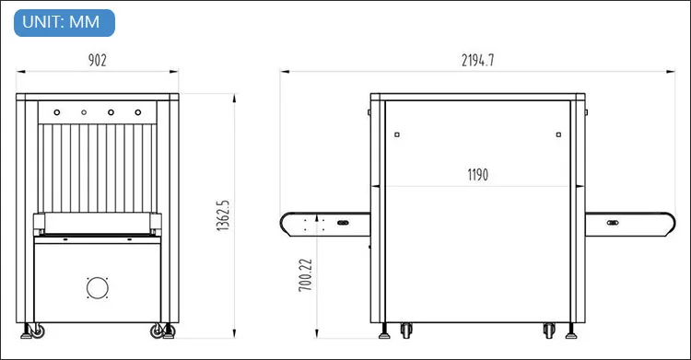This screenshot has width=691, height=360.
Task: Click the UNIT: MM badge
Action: (x=64, y=22)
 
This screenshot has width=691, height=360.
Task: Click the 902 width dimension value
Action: (x=98, y=61)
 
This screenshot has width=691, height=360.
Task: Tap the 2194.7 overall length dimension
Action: (x=478, y=61)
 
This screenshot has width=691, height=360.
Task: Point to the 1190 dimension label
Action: (x=477, y=174)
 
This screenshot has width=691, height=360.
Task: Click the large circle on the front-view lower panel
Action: (x=98, y=287)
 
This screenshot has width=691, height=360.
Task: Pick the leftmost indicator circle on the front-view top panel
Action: (x=56, y=112)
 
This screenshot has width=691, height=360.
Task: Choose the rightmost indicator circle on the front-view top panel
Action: (x=138, y=112)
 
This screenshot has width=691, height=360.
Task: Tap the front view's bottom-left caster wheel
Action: (x=38, y=330)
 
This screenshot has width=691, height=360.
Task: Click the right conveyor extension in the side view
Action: (x=630, y=223)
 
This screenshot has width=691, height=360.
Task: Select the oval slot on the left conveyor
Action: (x=343, y=223)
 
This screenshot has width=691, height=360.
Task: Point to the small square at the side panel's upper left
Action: (x=396, y=134)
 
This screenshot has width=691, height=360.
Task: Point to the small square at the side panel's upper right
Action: (x=559, y=134)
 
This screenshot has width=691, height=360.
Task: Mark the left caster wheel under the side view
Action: (x=406, y=330)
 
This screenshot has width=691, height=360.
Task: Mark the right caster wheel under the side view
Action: (x=549, y=330)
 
